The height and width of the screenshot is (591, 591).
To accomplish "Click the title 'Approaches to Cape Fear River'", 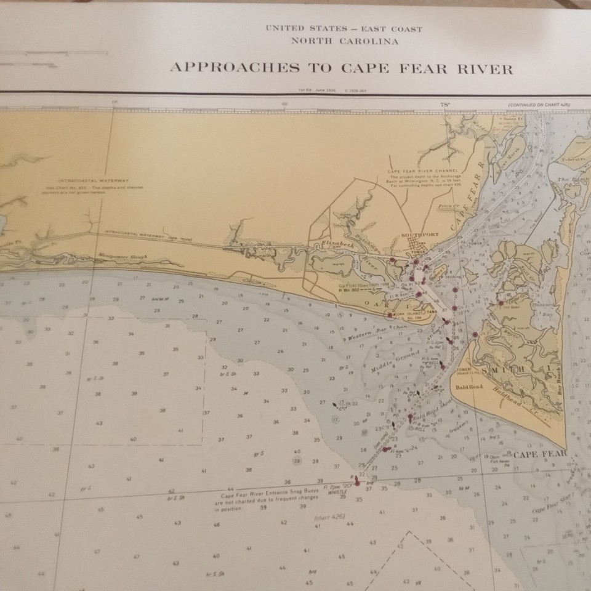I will pyautogui.click(x=340, y=68).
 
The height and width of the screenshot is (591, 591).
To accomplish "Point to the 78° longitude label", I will pyautogui.click(x=445, y=105).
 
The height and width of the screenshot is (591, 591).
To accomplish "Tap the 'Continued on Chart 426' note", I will pyautogui.click(x=539, y=105).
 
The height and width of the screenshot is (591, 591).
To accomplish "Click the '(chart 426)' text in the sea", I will pyautogui.click(x=329, y=516).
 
